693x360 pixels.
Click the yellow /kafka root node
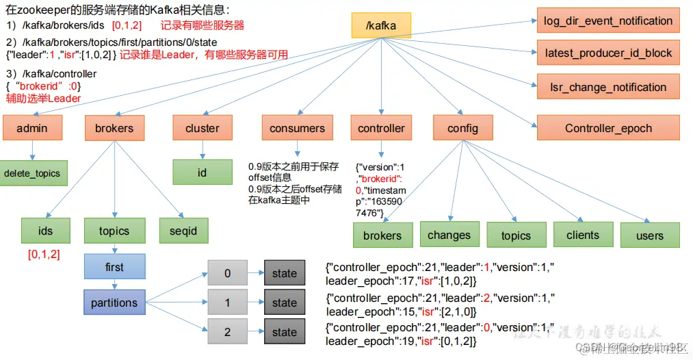tap(382, 25)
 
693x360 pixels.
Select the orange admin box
tap(32, 128)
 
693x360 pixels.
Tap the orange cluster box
tap(202, 128)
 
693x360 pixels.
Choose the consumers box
tap(297, 128)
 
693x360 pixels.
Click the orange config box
tap(462, 128)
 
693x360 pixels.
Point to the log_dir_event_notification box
tap(608, 21)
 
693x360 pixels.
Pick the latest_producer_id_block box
tap(608, 53)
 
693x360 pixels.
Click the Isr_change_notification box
tap(608, 87)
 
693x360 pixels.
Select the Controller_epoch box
tap(608, 128)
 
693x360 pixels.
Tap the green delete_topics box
tap(31, 173)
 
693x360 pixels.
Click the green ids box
tap(45, 231)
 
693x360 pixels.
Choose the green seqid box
tap(183, 231)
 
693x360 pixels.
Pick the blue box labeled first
tap(115, 267)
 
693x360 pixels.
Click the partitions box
tap(115, 303)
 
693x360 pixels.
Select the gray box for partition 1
tap(228, 303)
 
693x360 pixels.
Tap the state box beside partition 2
tap(285, 332)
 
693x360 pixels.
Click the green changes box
tap(449, 235)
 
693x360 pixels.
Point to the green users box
tap(649, 235)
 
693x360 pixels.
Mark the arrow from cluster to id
tap(202, 150)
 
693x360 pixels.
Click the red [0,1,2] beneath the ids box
tap(44, 255)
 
